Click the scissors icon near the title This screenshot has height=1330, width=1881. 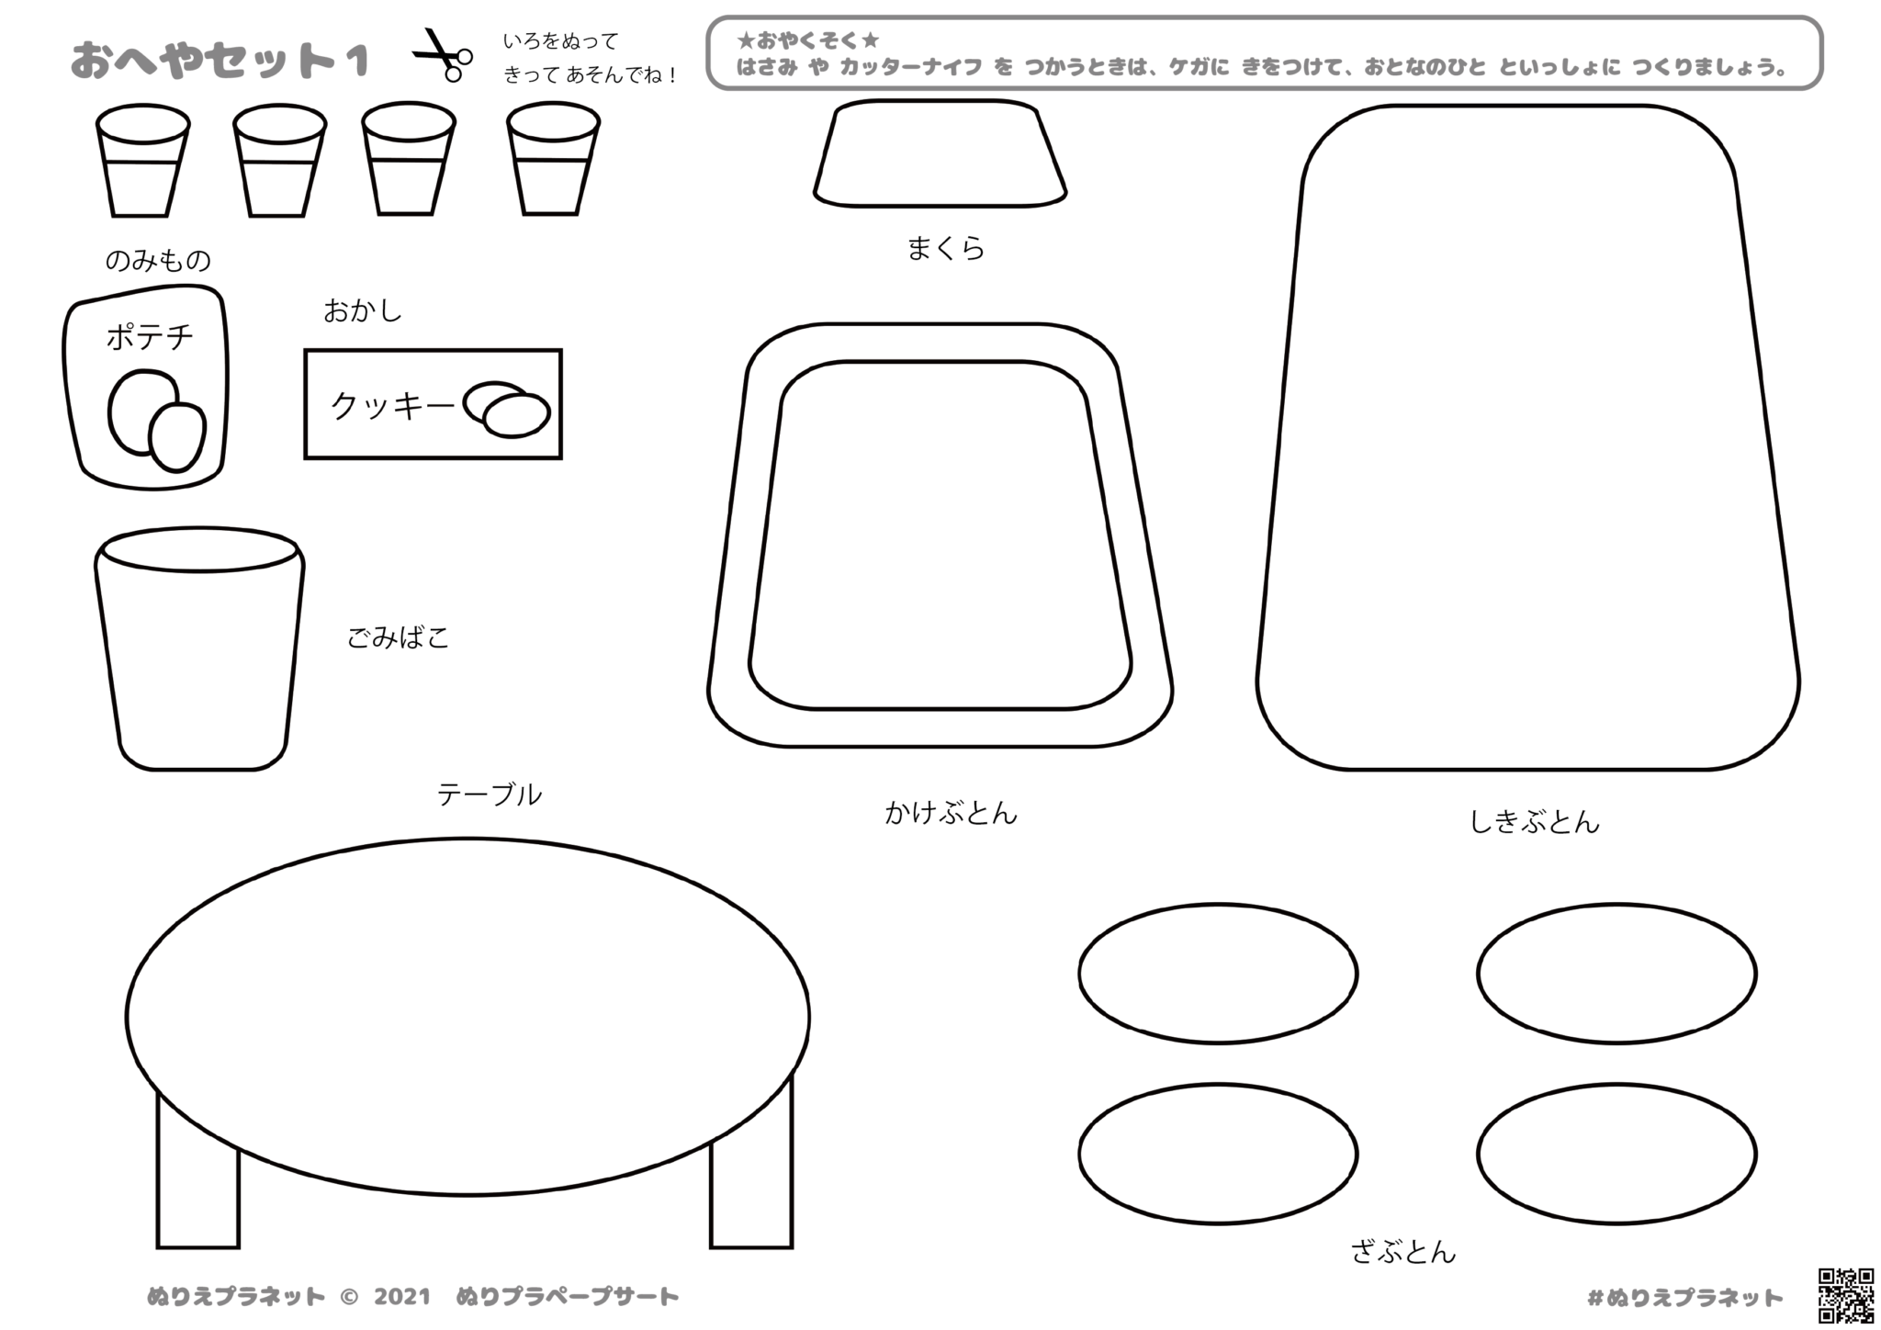coord(442,55)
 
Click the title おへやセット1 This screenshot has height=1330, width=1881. coord(220,61)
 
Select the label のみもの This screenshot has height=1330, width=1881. coord(158,261)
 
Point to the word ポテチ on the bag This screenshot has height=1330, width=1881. coord(150,337)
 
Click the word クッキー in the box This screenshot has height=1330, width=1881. coord(392,405)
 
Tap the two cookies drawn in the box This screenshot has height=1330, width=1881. coord(506,409)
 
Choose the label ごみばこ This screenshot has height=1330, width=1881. coord(398,637)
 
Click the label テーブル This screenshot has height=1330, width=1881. coord(490,795)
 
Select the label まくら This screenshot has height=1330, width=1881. coord(945,248)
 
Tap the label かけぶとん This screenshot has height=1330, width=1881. coord(952,813)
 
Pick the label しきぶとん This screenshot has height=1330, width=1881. coord(1535,821)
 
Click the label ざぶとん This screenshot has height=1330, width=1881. coord(1403,1251)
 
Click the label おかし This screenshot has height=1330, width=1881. coord(363,311)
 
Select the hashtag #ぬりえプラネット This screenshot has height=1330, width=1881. coord(1685,1298)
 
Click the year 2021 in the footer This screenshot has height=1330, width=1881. coord(402,1297)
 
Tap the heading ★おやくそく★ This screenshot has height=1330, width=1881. coord(808,41)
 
